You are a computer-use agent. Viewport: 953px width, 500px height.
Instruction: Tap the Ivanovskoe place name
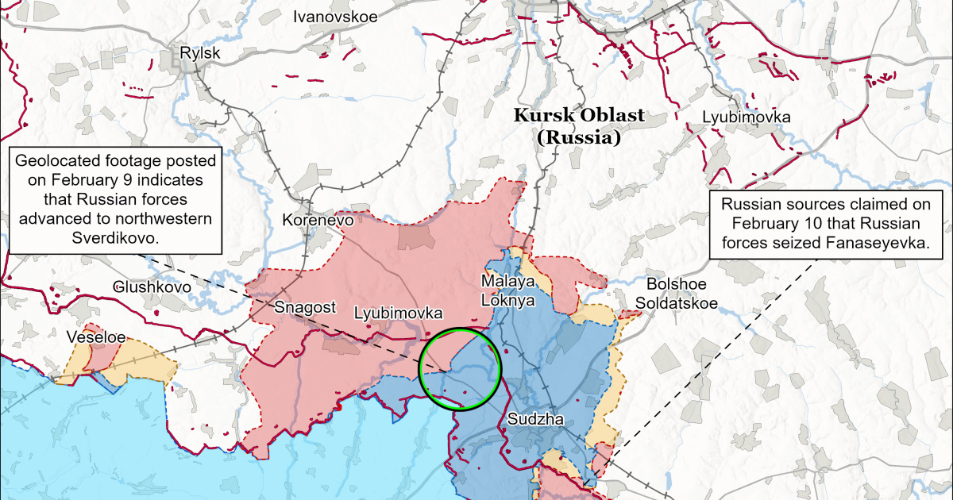coord(336,16)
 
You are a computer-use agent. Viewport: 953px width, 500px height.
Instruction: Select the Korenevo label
coord(318,221)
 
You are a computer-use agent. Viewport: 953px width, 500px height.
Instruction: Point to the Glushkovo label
coord(152,287)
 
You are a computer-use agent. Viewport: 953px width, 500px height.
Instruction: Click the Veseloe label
coord(95,337)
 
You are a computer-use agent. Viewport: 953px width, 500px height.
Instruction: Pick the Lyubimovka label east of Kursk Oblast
coord(746,117)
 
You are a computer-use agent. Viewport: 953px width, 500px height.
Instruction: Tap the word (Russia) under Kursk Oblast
coord(578,137)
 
